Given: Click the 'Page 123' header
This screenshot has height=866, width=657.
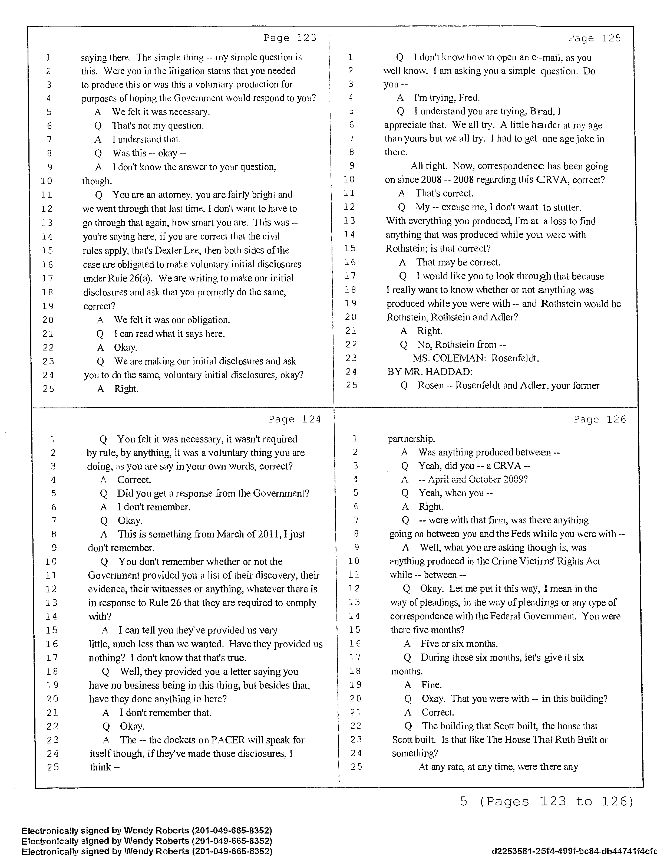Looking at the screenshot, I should click(x=290, y=38).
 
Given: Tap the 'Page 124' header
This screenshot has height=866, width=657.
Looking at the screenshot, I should click(x=294, y=419).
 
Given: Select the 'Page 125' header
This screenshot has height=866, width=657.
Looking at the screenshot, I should click(x=595, y=38).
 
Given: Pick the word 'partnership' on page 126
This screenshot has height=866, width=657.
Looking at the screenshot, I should click(x=411, y=439).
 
